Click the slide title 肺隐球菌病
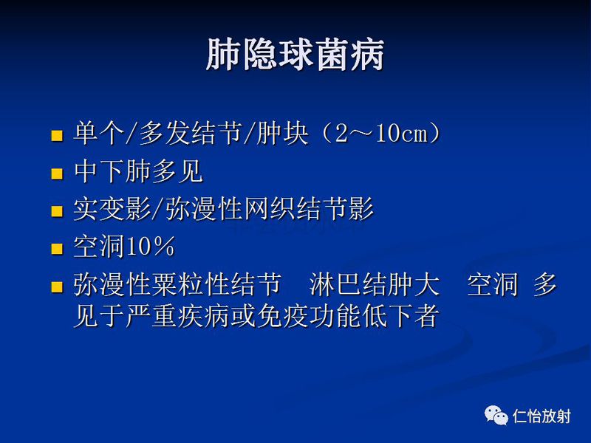(x=295, y=55)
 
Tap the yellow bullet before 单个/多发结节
(x=57, y=136)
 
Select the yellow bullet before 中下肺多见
(x=57, y=174)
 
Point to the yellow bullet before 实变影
(x=57, y=211)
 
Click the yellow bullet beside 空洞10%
(x=57, y=249)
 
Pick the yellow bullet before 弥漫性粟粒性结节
(x=57, y=286)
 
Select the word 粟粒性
(x=190, y=285)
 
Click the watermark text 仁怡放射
(x=541, y=416)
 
